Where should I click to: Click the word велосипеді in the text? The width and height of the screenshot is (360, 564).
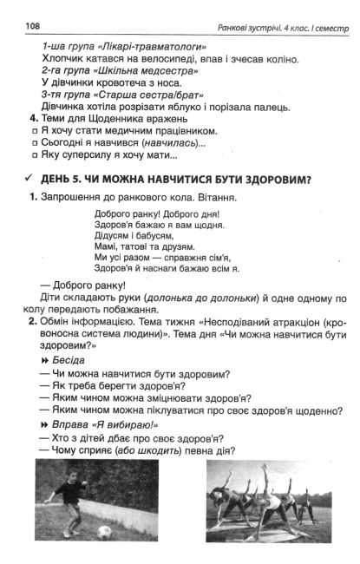tap(155, 59)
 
